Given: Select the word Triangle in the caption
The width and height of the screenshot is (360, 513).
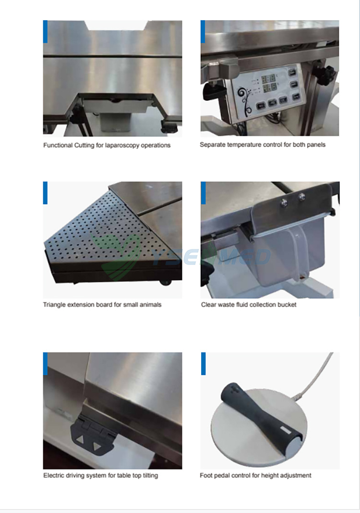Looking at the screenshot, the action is [x=54, y=305].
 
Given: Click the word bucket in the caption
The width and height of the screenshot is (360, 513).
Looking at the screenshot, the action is [x=287, y=305].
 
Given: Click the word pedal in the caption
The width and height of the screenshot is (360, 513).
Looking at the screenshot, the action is [x=222, y=476].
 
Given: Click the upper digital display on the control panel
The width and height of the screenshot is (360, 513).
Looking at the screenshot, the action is [x=268, y=79].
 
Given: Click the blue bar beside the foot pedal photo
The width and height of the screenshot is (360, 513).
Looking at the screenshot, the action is [x=203, y=363].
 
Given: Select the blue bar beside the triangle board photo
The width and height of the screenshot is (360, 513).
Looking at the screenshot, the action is [x=45, y=193].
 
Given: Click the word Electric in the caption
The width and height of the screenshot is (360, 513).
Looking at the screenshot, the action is [x=54, y=476].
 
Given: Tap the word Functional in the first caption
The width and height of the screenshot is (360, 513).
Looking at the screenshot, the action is [x=58, y=145].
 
